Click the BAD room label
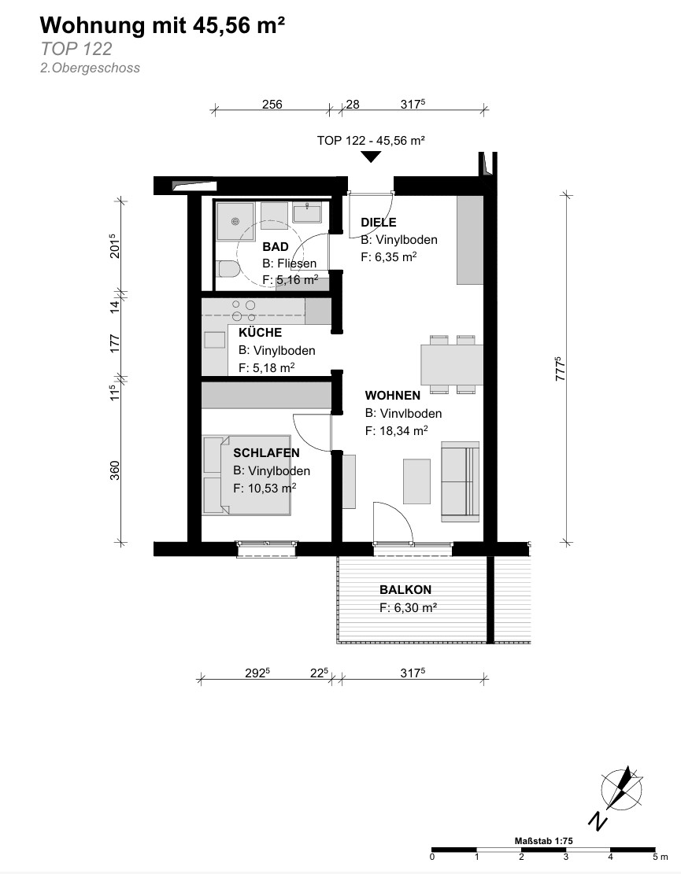(x=276, y=247)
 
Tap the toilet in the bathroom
(x=228, y=270)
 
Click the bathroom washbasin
(x=307, y=213)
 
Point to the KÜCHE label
(x=260, y=333)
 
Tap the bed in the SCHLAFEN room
(x=246, y=475)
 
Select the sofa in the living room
(x=460, y=481)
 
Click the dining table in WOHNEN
(x=452, y=364)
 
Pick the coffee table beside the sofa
(x=416, y=481)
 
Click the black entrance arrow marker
(x=371, y=157)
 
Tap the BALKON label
(x=405, y=590)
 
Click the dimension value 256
(x=272, y=104)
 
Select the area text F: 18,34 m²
(x=397, y=430)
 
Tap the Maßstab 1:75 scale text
(x=543, y=841)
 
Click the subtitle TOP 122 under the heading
(x=76, y=49)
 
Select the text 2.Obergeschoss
(x=90, y=68)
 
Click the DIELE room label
(x=379, y=223)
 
